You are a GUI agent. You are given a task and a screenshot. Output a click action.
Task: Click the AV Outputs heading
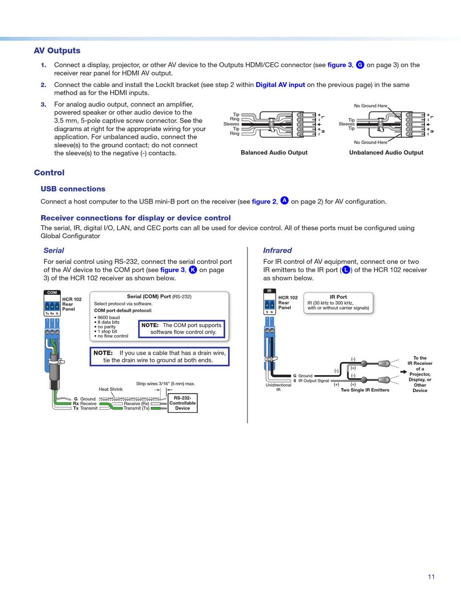(x=57, y=51)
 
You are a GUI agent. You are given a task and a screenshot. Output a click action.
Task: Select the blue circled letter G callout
(x=360, y=65)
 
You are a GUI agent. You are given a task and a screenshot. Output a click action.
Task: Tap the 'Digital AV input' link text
(x=280, y=85)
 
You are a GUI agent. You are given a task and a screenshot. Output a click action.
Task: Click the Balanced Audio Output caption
(x=274, y=153)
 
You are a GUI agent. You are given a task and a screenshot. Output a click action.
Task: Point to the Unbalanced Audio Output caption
(x=386, y=153)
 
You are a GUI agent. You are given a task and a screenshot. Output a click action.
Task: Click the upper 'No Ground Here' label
(x=370, y=105)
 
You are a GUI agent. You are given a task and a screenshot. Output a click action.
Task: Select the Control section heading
(x=49, y=172)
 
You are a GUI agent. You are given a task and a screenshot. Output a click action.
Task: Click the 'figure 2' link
(x=263, y=202)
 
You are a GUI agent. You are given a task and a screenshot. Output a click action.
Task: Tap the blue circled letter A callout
(x=284, y=201)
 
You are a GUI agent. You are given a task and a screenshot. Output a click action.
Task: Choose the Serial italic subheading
(x=53, y=250)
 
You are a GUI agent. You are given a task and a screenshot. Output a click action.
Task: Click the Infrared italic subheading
(x=277, y=250)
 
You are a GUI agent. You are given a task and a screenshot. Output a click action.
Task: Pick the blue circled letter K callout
(x=193, y=270)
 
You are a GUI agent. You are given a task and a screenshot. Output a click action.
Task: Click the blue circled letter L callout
(x=346, y=270)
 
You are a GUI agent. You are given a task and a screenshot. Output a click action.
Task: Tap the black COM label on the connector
(x=52, y=292)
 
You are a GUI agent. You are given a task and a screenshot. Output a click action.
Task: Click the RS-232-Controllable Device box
(x=182, y=403)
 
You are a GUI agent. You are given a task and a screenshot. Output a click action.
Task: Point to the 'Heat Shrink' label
(x=111, y=389)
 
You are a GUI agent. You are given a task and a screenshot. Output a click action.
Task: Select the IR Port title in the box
(x=338, y=297)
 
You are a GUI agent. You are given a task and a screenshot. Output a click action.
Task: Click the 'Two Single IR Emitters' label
(x=364, y=390)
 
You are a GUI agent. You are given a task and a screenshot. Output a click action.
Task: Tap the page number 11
(x=431, y=577)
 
